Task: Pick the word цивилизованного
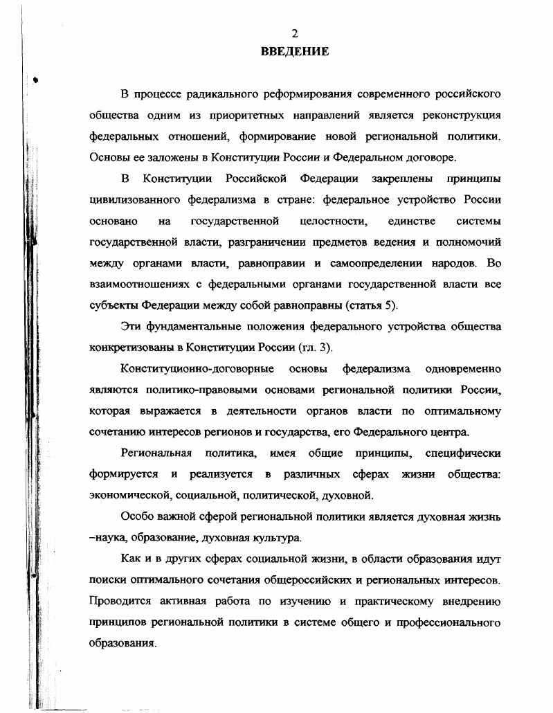point(134,200)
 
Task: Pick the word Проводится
point(120,601)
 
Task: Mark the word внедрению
point(469,601)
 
